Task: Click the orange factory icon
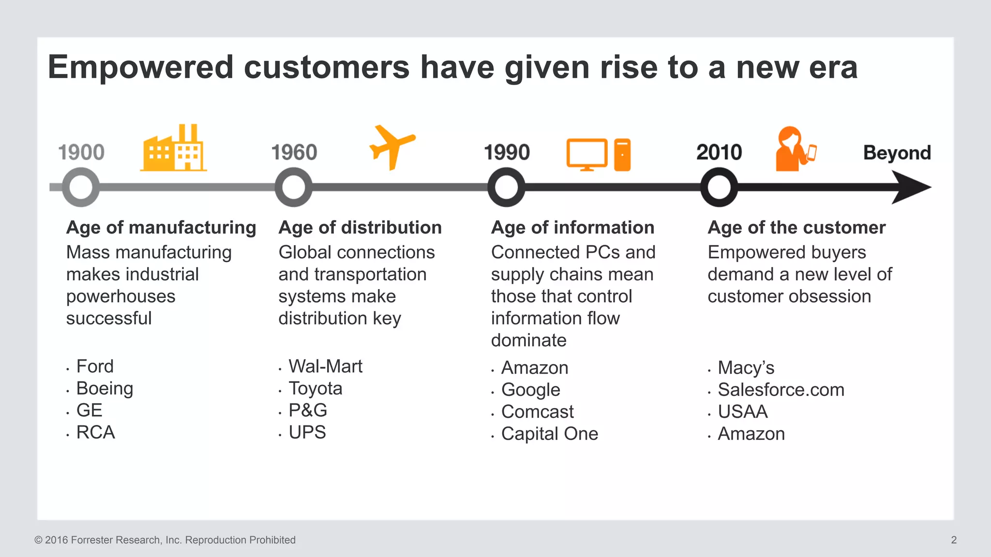click(173, 149)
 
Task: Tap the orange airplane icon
click(391, 147)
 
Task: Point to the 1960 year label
click(294, 152)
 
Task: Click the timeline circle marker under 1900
click(81, 187)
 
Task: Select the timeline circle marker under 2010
click(719, 187)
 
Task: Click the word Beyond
click(897, 153)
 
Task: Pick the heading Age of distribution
click(360, 227)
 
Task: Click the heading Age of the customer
click(796, 227)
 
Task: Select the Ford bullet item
click(95, 366)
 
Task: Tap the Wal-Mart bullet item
click(325, 366)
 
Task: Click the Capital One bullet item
click(549, 434)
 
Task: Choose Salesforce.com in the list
click(781, 390)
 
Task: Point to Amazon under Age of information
click(534, 368)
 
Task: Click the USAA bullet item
click(742, 412)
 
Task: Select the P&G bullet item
click(308, 410)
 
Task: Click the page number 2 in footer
click(953, 540)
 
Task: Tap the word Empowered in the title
click(141, 67)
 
